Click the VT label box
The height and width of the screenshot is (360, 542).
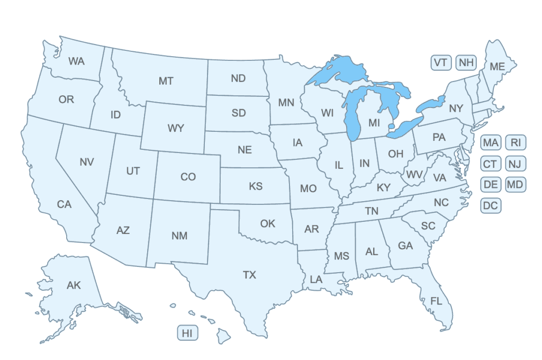441,62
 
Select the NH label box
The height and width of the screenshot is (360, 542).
466,62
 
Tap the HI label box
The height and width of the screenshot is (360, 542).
187,333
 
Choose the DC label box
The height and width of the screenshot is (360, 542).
491,205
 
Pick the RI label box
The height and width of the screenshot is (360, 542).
516,142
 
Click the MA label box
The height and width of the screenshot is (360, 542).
491,142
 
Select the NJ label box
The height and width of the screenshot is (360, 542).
516,164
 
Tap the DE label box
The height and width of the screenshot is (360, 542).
491,185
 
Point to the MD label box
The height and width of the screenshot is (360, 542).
516,185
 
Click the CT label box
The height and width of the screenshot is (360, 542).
491,164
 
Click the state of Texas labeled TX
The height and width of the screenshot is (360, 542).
249,275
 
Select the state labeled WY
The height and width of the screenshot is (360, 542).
176,128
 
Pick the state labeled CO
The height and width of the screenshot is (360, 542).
188,177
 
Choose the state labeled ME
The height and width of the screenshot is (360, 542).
497,67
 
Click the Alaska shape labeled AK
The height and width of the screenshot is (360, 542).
74,286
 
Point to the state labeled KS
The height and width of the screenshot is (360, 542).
256,186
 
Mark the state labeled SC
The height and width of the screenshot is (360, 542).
428,226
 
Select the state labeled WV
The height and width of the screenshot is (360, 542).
414,174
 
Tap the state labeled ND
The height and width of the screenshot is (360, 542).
238,78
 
